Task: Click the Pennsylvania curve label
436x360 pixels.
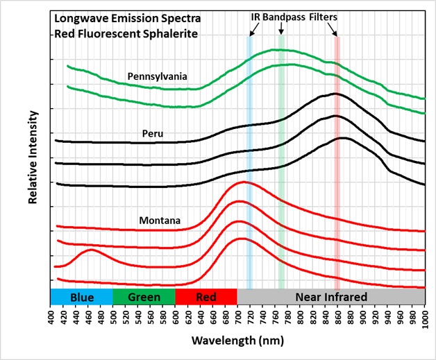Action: [157, 77]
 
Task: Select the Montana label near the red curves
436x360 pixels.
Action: [159, 221]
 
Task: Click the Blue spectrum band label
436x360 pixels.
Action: [81, 297]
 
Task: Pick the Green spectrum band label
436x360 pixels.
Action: [143, 297]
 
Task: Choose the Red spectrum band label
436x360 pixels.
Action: [206, 297]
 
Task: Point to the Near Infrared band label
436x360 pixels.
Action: [330, 297]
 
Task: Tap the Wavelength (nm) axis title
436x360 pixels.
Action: [238, 342]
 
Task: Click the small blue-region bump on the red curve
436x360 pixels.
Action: [90, 250]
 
